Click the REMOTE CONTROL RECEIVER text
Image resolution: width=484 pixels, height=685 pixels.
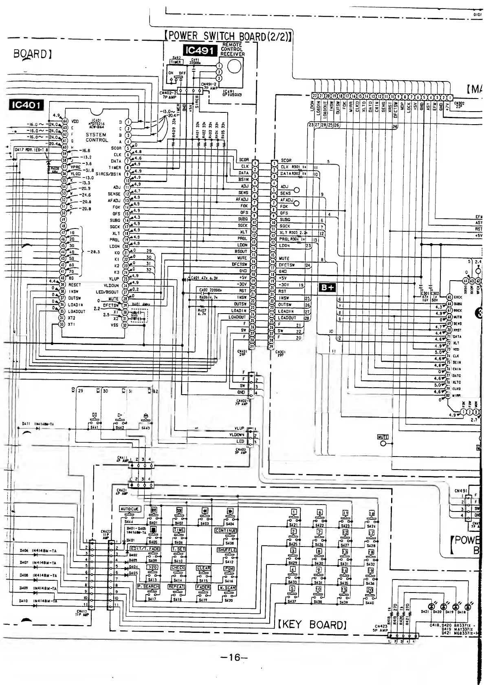233,49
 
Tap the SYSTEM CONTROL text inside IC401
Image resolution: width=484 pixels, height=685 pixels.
97,137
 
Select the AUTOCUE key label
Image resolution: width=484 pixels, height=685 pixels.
130,509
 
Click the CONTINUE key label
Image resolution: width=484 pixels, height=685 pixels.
226,531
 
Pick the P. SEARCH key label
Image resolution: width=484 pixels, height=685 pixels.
148,586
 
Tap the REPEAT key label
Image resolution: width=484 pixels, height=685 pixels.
177,586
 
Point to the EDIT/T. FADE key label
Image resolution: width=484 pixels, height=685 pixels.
145,549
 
